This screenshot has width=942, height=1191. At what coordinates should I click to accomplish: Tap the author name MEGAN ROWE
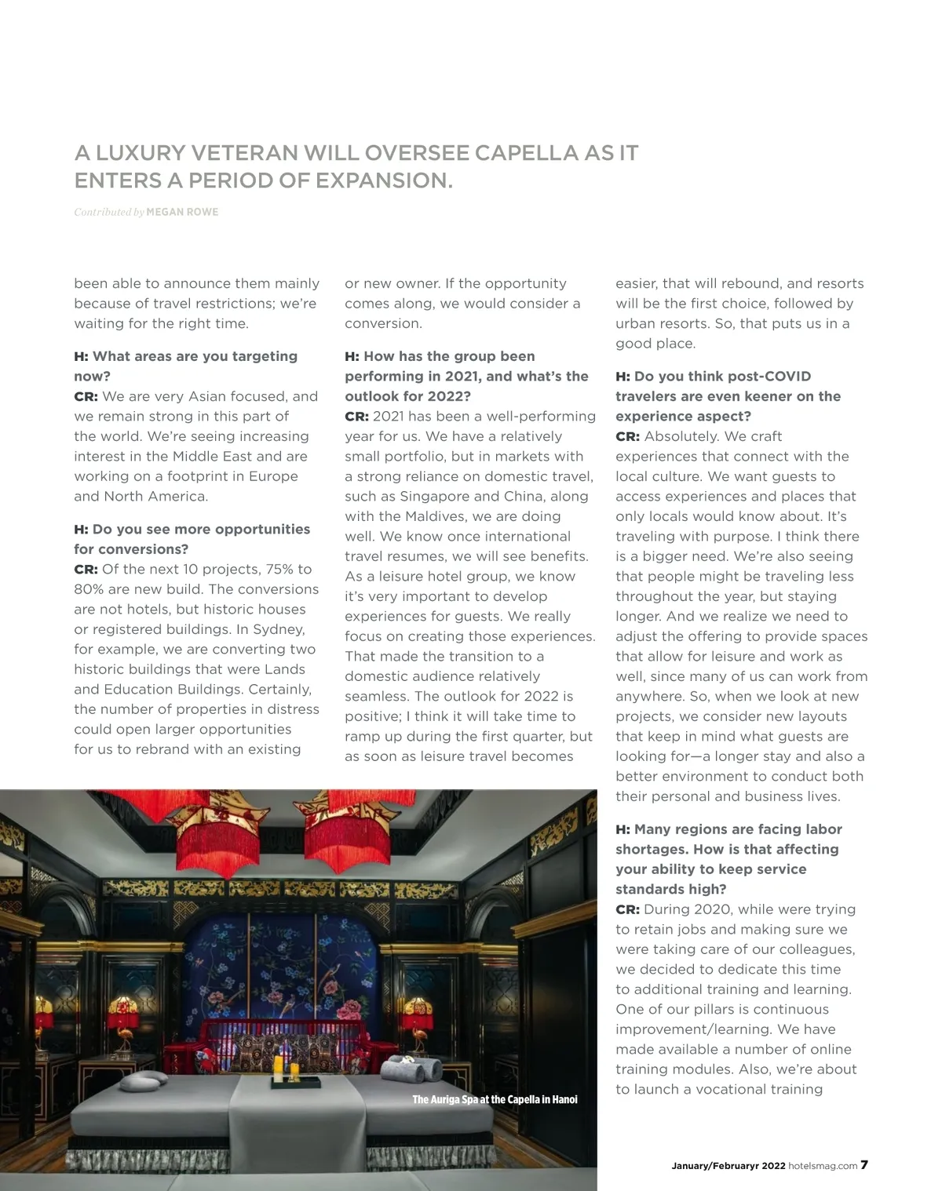click(182, 212)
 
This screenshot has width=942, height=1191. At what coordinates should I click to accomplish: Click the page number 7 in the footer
click(864, 1165)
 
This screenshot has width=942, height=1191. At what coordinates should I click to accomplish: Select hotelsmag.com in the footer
click(823, 1166)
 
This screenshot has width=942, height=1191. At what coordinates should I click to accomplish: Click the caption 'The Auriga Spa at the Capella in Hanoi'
click(495, 1099)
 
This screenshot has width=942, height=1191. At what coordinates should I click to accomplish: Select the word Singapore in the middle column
click(434, 496)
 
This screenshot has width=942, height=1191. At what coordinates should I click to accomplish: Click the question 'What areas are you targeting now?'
click(186, 366)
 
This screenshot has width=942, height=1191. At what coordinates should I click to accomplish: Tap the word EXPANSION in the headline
click(384, 180)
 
